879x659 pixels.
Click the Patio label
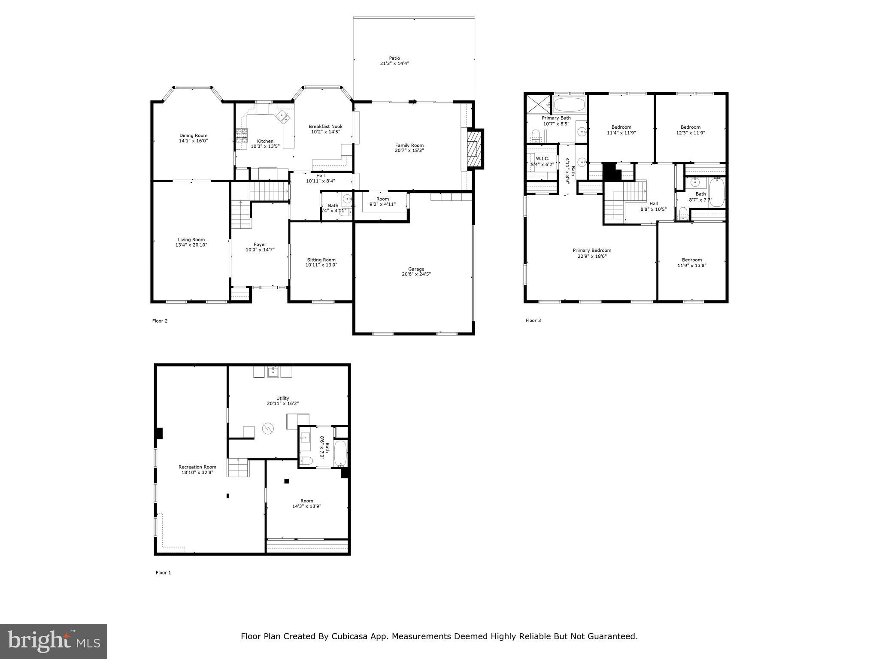[394, 58]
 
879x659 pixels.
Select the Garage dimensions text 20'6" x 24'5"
[416, 274]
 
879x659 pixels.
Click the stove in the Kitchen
[242, 136]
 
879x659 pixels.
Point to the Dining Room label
[193, 136]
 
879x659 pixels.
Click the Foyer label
[260, 245]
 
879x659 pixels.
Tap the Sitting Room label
[321, 260]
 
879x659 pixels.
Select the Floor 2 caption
[160, 321]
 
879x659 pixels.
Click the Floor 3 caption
[533, 320]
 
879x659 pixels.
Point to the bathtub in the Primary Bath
[569, 104]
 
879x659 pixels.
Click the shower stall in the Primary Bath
[538, 104]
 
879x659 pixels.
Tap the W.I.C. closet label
[542, 159]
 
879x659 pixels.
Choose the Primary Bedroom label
[592, 251]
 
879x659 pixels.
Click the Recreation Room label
[197, 467]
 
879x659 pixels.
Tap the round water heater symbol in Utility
[268, 428]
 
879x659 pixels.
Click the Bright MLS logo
[54, 641]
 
